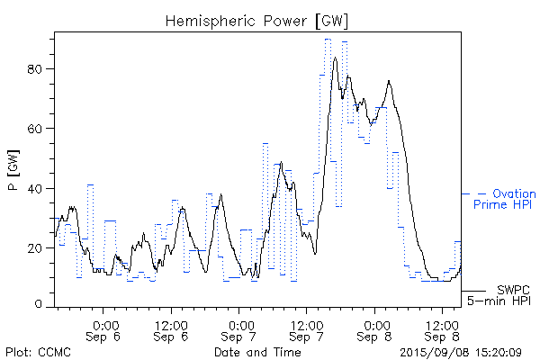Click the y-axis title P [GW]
click(13, 171)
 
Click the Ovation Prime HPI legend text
click(504, 200)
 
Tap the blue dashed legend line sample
click(474, 193)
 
